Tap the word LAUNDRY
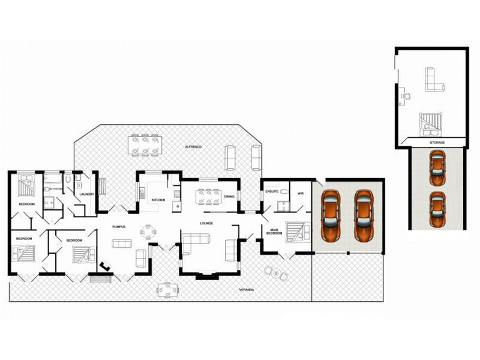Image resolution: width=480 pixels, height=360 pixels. (86, 194)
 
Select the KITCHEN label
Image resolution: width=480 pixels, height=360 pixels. (158, 200)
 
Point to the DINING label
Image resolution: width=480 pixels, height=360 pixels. (229, 196)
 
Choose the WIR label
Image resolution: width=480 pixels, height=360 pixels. (301, 193)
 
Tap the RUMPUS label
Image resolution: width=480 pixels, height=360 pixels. (118, 226)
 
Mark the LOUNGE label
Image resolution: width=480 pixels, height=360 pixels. (207, 223)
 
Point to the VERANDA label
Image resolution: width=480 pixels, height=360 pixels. (247, 290)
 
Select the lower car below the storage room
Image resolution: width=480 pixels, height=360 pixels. (437, 206)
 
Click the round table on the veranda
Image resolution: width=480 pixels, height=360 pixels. (277, 274)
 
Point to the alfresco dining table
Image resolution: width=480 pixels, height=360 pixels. (144, 144)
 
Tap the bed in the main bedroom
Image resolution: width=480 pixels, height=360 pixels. (296, 231)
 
